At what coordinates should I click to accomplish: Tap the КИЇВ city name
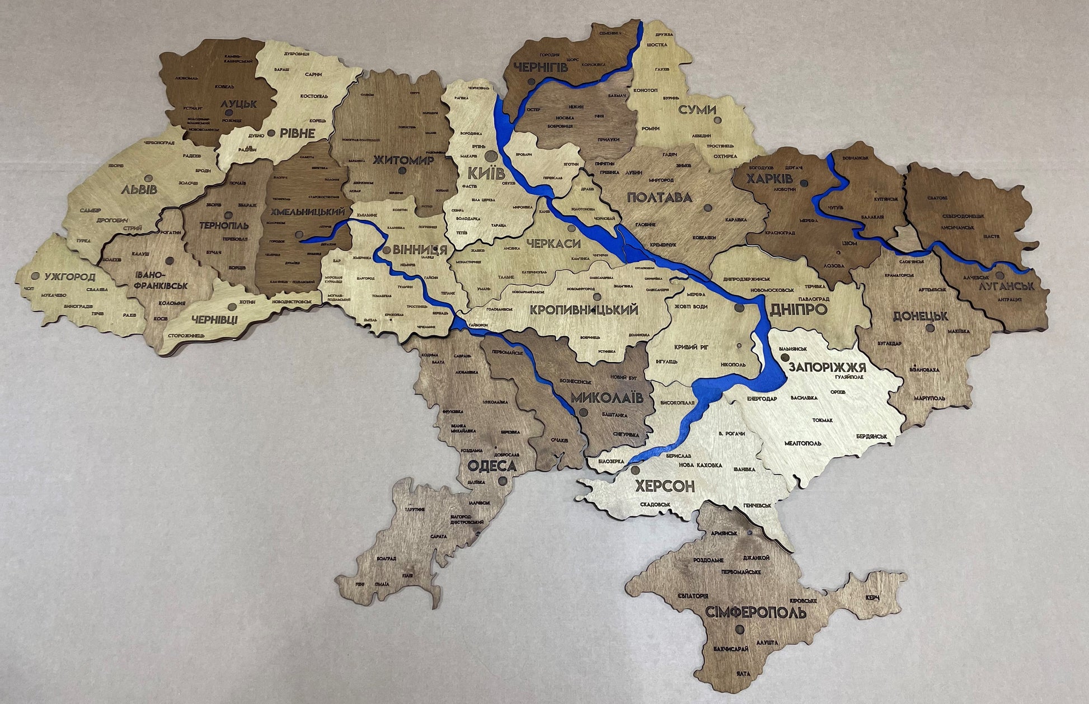pyautogui.click(x=486, y=173)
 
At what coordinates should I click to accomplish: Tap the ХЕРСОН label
pyautogui.click(x=664, y=485)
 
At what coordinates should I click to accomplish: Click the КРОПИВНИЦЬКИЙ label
pyautogui.click(x=584, y=309)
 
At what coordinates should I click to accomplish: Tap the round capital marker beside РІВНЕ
pyautogui.click(x=271, y=133)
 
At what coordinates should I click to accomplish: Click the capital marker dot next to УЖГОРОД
pyautogui.click(x=36, y=276)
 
